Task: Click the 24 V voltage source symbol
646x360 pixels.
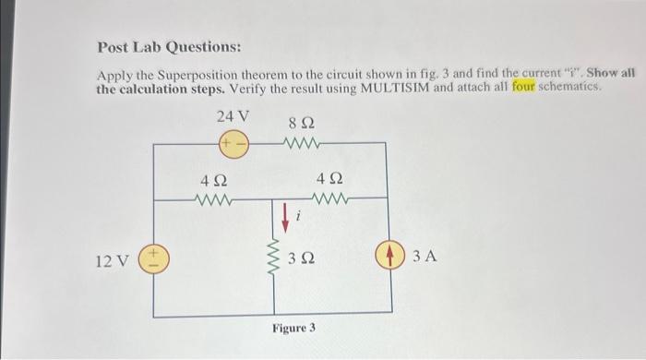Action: coord(232,145)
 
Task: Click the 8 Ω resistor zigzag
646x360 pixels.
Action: coord(300,144)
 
